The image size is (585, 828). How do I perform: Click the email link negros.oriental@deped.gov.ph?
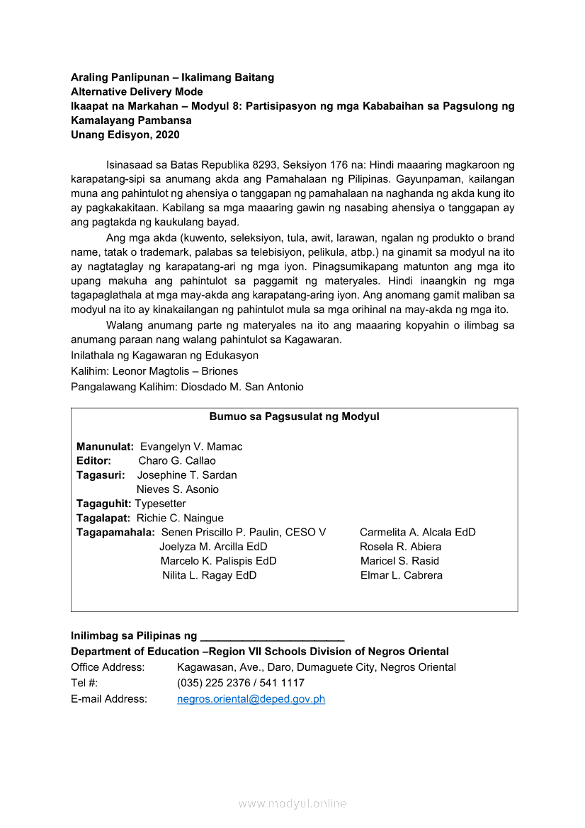[x=251, y=699]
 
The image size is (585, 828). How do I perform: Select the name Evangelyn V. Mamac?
[x=191, y=447]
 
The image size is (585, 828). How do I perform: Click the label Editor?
[x=93, y=461]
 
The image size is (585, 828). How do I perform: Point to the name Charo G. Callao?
[x=177, y=461]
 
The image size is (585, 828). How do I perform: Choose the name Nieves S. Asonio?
[x=178, y=489]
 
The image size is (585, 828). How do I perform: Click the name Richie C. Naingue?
[x=180, y=518]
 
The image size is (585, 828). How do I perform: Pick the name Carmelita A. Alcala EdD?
[x=418, y=533]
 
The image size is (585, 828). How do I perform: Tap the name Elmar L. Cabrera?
[x=402, y=575]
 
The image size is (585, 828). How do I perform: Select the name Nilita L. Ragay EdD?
[x=210, y=575]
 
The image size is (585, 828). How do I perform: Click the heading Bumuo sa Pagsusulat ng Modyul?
[x=294, y=417]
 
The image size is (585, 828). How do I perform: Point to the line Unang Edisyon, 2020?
[x=125, y=135]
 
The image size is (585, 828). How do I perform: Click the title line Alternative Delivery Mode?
[x=137, y=92]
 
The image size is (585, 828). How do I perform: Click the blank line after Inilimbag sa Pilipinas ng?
[x=273, y=636]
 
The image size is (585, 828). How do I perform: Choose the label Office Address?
[x=108, y=667]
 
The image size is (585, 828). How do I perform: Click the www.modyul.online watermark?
[x=292, y=804]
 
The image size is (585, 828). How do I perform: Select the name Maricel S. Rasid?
[x=399, y=561]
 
